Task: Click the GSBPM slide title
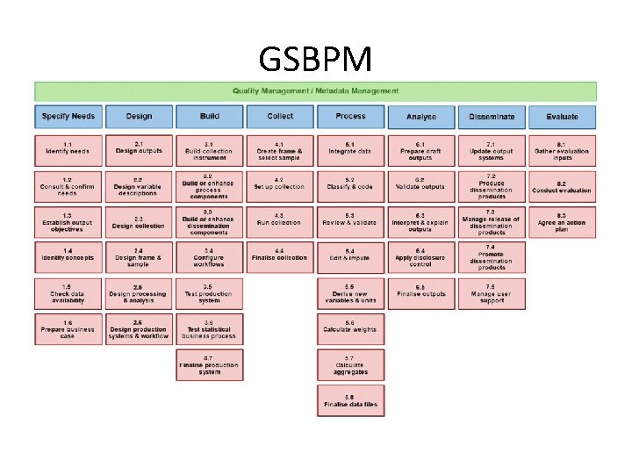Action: [315, 60]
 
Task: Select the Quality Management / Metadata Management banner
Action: [315, 90]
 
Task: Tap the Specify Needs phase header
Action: [68, 117]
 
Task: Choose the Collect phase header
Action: [280, 117]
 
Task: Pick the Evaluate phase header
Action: [562, 117]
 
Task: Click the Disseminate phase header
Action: [492, 117]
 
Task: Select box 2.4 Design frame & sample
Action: [139, 258]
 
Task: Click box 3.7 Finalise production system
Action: [210, 365]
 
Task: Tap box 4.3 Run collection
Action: [280, 222]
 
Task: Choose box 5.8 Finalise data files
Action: [350, 401]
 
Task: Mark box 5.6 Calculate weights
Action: [350, 329]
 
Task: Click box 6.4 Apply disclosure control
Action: [420, 258]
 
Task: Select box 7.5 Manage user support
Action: [492, 294]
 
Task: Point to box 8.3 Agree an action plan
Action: [562, 222]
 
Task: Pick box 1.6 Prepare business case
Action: [68, 329]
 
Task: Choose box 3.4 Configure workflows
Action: [210, 258]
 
